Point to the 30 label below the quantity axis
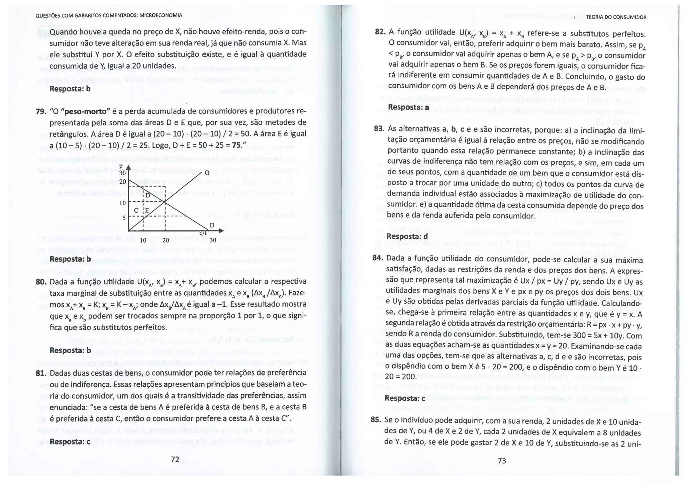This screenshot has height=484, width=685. (x=213, y=240)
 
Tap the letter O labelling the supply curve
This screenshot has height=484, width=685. (x=207, y=173)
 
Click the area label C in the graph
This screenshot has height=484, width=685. (x=136, y=210)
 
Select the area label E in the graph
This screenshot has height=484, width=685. (x=147, y=210)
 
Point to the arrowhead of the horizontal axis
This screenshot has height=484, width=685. (x=221, y=231)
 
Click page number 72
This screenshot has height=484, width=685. (x=175, y=459)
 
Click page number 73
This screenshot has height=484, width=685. (x=502, y=461)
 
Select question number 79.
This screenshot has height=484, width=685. (x=41, y=111)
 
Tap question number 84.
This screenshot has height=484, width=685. (x=377, y=258)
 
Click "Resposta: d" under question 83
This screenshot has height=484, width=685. (x=407, y=236)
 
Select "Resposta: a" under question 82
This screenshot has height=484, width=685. (x=408, y=107)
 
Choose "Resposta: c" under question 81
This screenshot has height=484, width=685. (x=70, y=441)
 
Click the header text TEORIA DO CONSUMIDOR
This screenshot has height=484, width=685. (x=616, y=17)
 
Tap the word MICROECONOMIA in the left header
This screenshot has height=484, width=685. (x=161, y=15)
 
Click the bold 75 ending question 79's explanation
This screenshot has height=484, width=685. (x=236, y=145)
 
